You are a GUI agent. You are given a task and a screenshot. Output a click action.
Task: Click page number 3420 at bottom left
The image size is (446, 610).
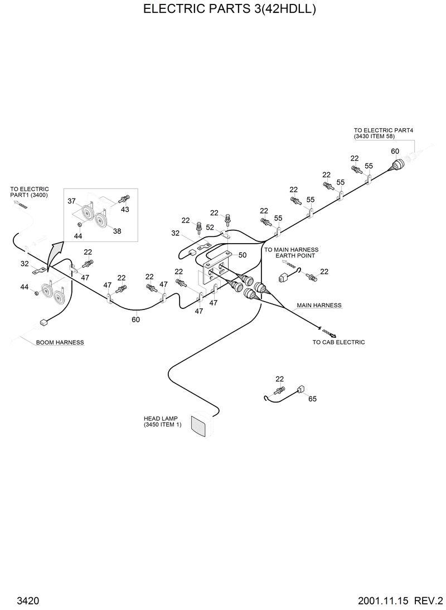[x=27, y=601]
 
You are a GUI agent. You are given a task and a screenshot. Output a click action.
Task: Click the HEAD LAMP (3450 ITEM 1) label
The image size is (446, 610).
[x=162, y=421]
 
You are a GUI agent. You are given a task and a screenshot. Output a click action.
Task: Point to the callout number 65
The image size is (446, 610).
[x=312, y=399]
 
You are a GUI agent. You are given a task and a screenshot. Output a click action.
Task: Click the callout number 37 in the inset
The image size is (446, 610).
[x=71, y=200]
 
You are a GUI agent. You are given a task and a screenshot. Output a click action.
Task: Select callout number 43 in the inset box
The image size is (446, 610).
[x=124, y=209]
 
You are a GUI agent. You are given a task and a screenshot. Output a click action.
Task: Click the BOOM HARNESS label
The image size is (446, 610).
[x=60, y=342]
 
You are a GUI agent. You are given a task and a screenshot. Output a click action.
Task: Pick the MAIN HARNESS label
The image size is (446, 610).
[x=318, y=306]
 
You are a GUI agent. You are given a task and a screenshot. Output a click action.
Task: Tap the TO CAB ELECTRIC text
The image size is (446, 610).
[x=338, y=342]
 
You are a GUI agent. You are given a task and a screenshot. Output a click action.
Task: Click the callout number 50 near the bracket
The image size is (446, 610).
[x=242, y=255]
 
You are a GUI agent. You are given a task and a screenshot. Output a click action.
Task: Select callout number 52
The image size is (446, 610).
[x=210, y=227]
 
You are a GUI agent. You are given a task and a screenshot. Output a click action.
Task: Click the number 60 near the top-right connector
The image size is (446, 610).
[x=395, y=152]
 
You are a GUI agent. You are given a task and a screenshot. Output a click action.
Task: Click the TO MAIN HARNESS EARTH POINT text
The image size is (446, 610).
[x=291, y=253]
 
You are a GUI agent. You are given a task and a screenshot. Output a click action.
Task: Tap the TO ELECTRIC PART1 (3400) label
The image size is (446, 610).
[x=29, y=192]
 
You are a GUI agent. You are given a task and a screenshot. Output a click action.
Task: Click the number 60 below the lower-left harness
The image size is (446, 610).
[x=135, y=319]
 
